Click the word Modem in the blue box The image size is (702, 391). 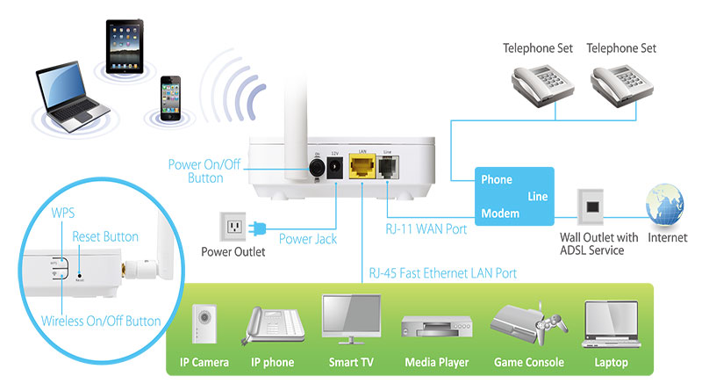tap(500, 214)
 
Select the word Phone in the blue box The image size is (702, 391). tap(497, 179)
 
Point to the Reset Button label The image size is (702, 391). tap(104, 237)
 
